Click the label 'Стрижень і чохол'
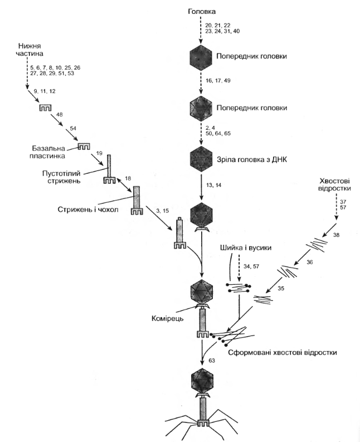pyautogui.click(x=82, y=210)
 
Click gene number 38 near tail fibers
pyautogui.click(x=336, y=235)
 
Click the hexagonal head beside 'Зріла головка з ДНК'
pyautogui.click(x=201, y=158)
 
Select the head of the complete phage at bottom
pyautogui.click(x=201, y=380)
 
